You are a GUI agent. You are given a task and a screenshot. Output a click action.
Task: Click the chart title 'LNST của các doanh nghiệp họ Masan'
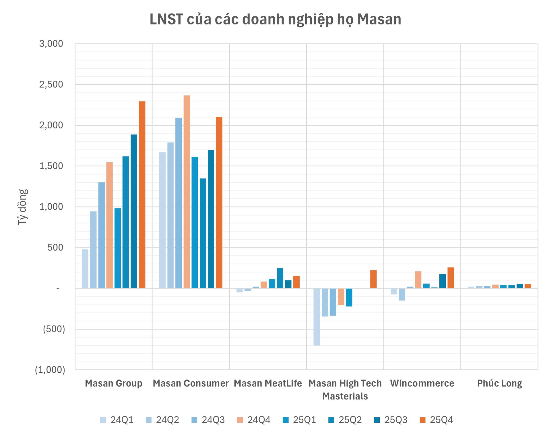[x=275, y=20]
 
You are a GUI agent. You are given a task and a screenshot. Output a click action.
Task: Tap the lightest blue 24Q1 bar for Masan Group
[x=85, y=269]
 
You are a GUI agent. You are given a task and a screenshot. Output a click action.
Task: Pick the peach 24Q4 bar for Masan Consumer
[x=187, y=192]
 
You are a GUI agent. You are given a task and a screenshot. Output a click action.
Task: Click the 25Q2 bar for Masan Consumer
[x=203, y=233]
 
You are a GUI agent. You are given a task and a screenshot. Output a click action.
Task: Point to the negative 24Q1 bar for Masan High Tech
[x=317, y=317]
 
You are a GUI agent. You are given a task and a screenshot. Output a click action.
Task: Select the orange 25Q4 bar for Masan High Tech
[x=373, y=279]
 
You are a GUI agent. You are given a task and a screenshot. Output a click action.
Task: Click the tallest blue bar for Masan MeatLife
[x=280, y=278]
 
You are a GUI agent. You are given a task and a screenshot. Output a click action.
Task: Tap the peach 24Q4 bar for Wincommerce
[x=418, y=280]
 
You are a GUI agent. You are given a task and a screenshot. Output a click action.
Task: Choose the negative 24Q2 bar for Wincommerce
[x=402, y=294]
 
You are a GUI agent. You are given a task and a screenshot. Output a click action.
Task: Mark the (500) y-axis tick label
[x=54, y=329]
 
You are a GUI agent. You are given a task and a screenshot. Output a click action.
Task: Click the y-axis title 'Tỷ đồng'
[x=22, y=207]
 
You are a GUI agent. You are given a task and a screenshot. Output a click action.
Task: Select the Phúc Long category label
[x=499, y=383]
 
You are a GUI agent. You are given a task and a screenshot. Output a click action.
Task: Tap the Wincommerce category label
[x=422, y=383]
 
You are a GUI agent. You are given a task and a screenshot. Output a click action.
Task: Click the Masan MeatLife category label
[x=268, y=383]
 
